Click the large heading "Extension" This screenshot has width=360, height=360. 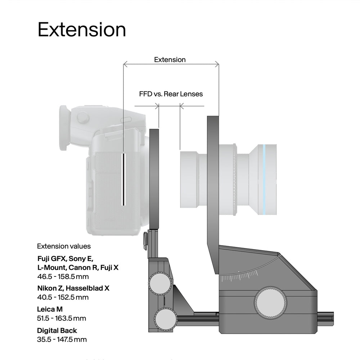82,30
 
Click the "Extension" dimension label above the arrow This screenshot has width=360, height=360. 170,59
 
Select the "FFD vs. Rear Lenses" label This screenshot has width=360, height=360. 171,94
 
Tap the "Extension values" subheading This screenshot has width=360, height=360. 64,246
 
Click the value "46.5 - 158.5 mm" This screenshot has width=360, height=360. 63,277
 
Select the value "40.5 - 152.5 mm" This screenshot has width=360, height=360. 63,297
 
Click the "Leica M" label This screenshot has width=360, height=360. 51,309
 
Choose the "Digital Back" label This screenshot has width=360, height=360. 57,330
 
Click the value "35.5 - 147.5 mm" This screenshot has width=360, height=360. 62,339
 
